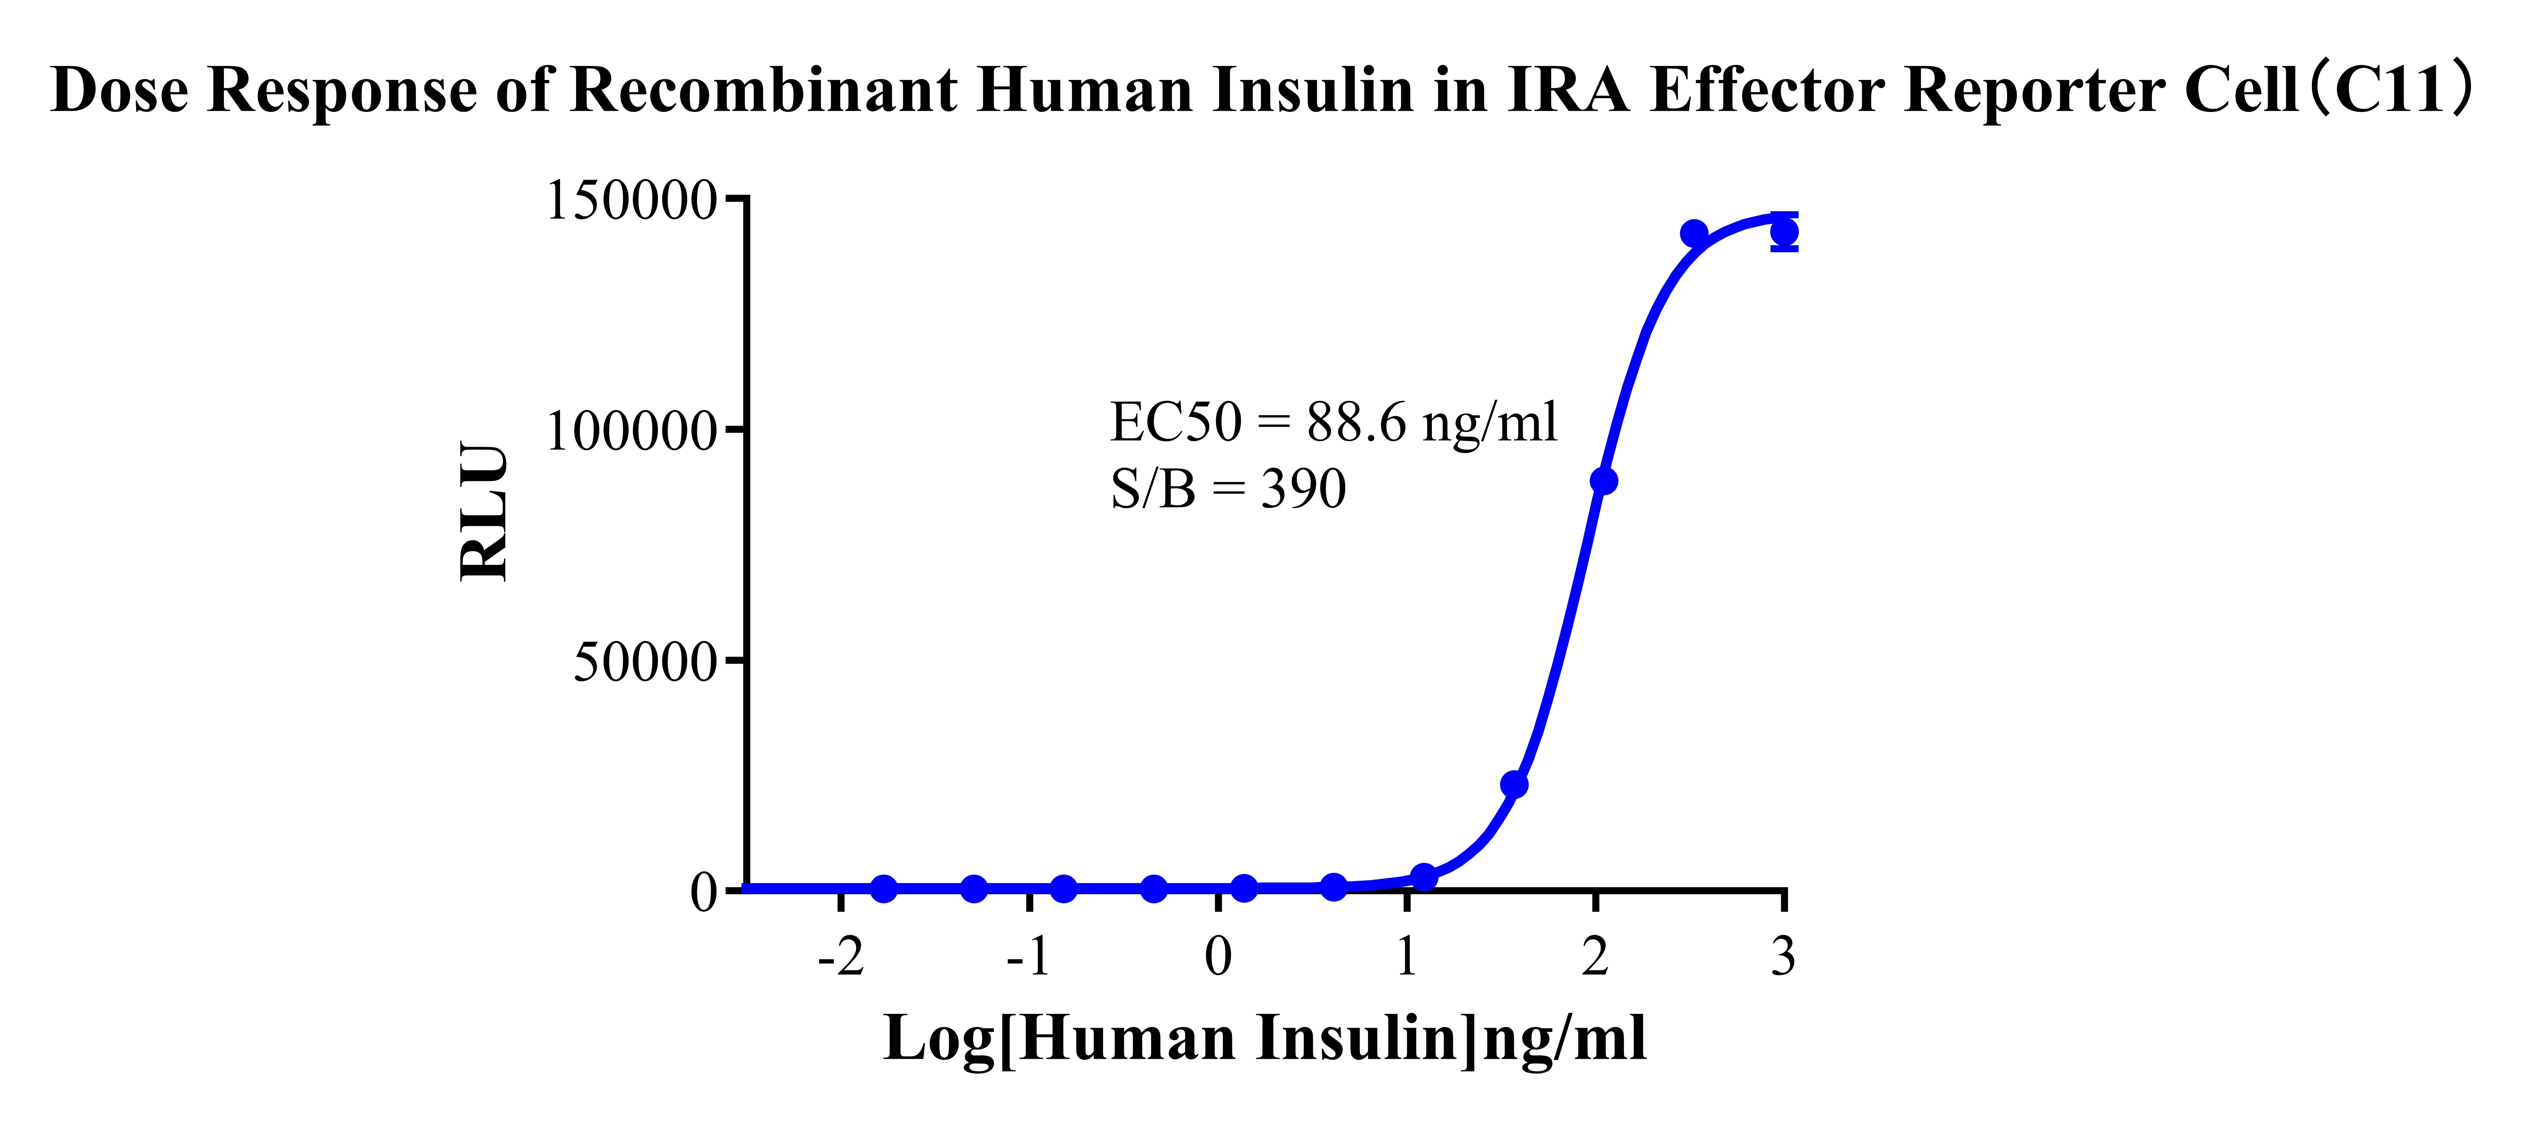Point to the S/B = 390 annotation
pos(1228,489)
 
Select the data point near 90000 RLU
pos(1603,481)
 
